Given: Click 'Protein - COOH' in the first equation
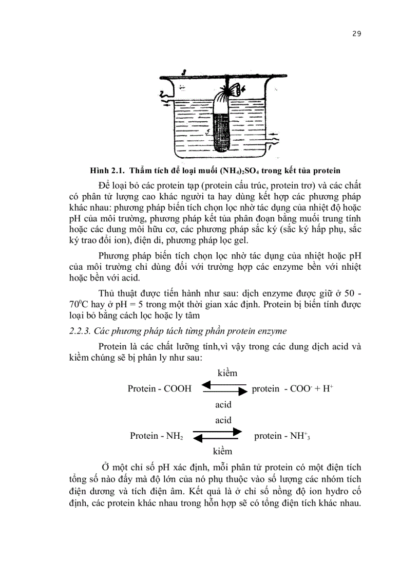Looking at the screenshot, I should [x=160, y=389].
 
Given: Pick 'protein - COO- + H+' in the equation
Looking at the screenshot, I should [x=293, y=389].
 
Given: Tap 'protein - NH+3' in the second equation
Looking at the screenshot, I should [x=282, y=436].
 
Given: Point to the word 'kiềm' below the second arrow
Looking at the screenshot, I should [x=222, y=451].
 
